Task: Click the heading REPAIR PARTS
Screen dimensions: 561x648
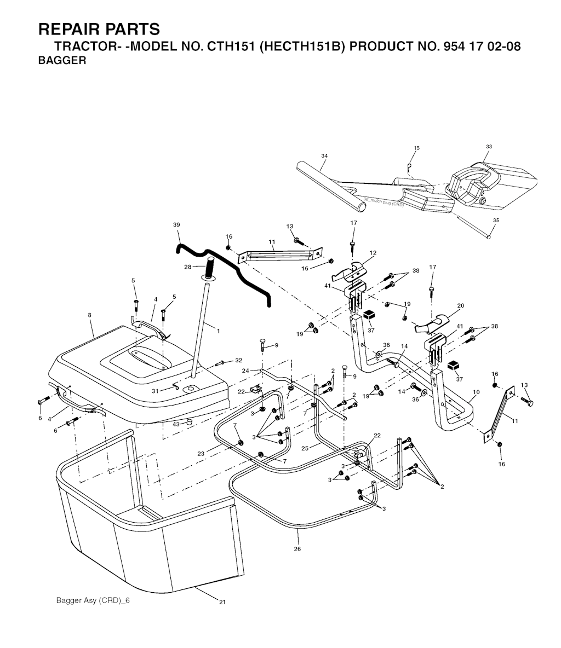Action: pyautogui.click(x=99, y=30)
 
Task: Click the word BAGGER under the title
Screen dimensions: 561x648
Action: pyautogui.click(x=62, y=60)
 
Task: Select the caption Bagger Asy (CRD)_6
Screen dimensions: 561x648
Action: pyautogui.click(x=93, y=600)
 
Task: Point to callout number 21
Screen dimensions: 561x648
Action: pyautogui.click(x=222, y=602)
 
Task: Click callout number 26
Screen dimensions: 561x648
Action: pyautogui.click(x=297, y=549)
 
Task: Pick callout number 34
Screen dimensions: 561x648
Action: pyautogui.click(x=324, y=156)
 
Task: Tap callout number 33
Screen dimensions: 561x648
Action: pyautogui.click(x=489, y=147)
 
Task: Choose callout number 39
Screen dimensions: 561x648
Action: pyautogui.click(x=176, y=225)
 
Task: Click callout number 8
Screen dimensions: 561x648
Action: pyautogui.click(x=90, y=315)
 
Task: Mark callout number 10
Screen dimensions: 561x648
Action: pyautogui.click(x=476, y=392)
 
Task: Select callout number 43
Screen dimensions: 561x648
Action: pyautogui.click(x=176, y=424)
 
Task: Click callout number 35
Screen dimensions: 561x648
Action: pyautogui.click(x=496, y=220)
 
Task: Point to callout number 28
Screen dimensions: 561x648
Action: pyautogui.click(x=188, y=267)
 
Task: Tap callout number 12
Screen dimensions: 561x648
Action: pyautogui.click(x=373, y=253)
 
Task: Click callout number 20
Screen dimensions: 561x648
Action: pyautogui.click(x=460, y=306)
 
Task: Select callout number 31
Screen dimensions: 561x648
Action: pyautogui.click(x=154, y=391)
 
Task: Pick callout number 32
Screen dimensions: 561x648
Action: pyautogui.click(x=238, y=360)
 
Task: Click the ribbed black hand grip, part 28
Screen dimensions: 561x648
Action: pyautogui.click(x=210, y=268)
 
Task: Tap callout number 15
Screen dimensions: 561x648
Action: pyautogui.click(x=416, y=148)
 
